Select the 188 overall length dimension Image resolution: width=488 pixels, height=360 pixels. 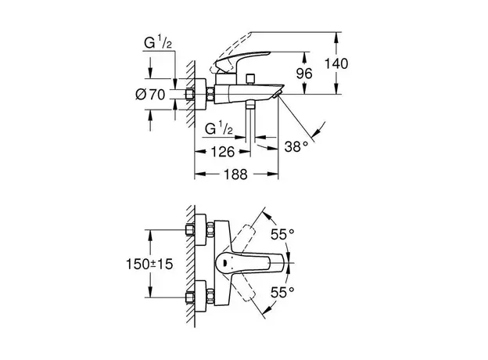[232, 175]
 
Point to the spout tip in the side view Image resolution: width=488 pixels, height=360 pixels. [277, 92]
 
